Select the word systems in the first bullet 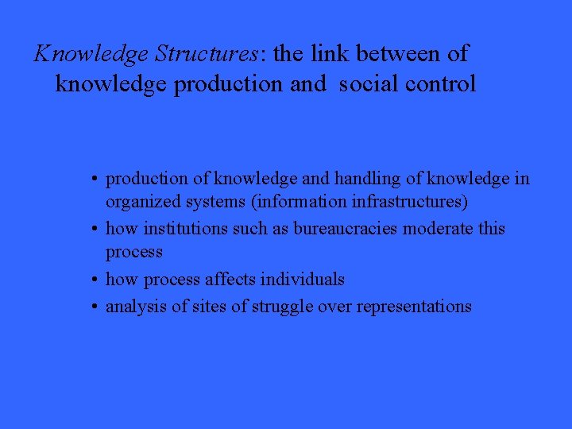[205, 203]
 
